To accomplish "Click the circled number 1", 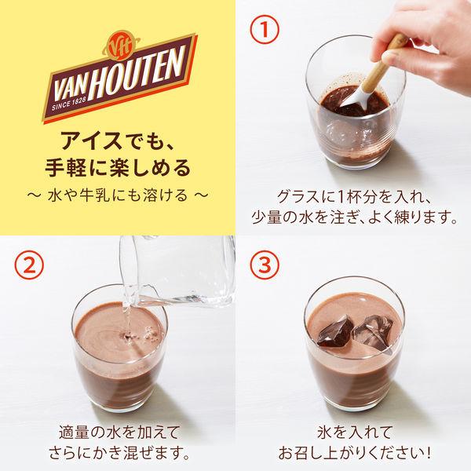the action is tap(265, 30).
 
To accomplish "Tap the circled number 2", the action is tap(29, 265).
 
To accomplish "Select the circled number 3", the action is tap(265, 265).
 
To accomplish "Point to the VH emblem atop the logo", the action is tap(121, 47).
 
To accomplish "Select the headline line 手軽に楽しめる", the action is tap(118, 168).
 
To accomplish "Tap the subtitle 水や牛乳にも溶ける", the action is tap(118, 195).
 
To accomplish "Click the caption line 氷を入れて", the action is tap(355, 433).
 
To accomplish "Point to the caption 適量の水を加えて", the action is tap(119, 433).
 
